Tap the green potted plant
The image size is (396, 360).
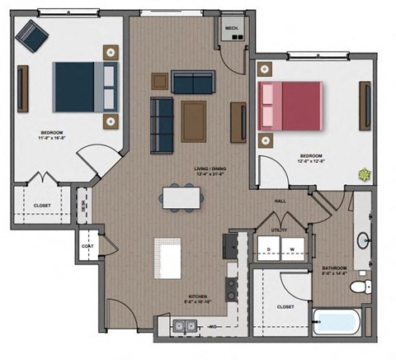[x=362, y=174]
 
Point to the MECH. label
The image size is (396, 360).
[x=232, y=28]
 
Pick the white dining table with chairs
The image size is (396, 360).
[x=181, y=198]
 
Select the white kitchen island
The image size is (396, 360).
[x=169, y=258]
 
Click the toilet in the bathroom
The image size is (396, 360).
[x=359, y=287]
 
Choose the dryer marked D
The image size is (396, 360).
[x=269, y=249]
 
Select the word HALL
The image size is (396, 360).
[x=280, y=201]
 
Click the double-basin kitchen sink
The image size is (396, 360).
[x=185, y=329]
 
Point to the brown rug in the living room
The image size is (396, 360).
[x=195, y=121]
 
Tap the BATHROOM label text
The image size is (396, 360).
[x=333, y=268]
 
